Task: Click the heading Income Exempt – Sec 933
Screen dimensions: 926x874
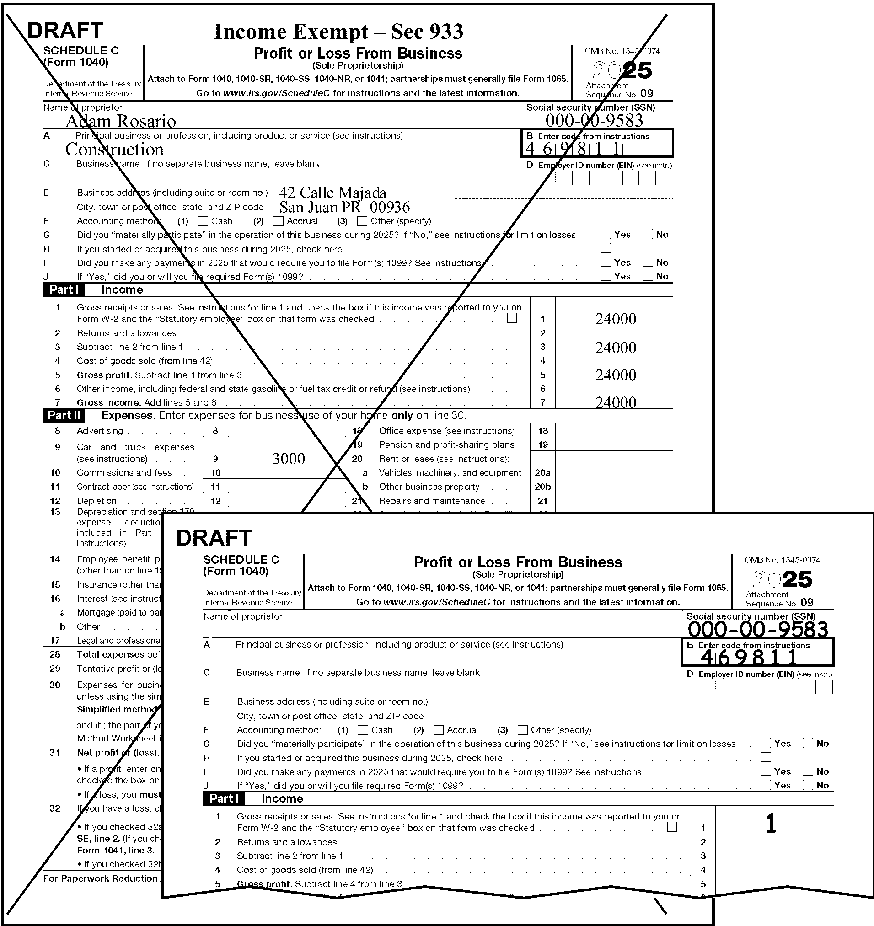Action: [338, 32]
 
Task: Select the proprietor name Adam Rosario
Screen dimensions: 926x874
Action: [121, 121]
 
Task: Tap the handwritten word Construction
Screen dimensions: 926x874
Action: [115, 150]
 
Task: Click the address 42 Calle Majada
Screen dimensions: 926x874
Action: [332, 193]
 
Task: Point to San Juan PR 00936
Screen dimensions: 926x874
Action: [344, 207]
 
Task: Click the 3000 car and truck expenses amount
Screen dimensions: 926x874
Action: [289, 459]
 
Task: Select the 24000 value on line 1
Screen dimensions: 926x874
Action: [616, 319]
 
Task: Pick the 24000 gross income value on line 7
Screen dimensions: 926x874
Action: [616, 402]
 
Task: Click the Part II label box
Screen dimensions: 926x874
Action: [64, 415]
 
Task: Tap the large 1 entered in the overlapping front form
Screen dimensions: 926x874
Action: [771, 823]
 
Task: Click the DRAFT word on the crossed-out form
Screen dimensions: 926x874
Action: [65, 31]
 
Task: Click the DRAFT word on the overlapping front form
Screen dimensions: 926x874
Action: [214, 538]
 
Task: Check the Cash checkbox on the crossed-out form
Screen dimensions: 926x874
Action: [203, 221]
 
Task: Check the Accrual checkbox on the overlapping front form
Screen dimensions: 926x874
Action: [439, 730]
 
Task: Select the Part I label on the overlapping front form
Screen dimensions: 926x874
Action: [224, 798]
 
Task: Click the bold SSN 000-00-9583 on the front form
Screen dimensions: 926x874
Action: [757, 629]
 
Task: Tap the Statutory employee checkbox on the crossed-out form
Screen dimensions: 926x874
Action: [512, 318]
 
